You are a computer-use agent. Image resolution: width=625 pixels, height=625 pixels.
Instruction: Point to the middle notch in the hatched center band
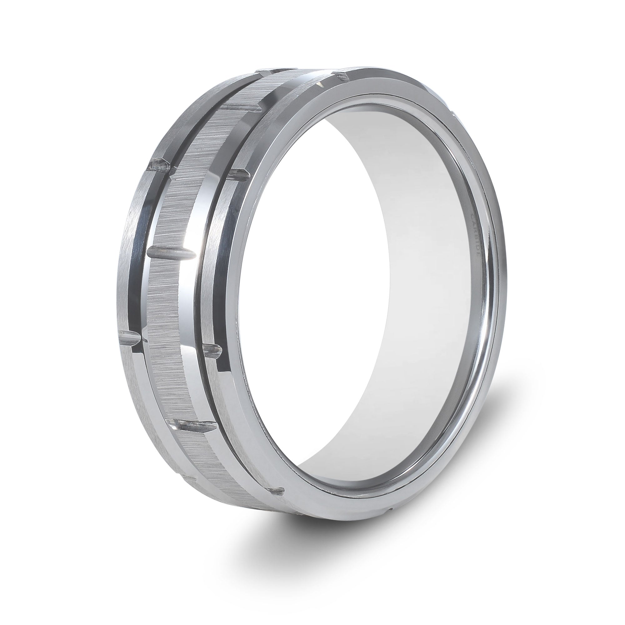point(172,253)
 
